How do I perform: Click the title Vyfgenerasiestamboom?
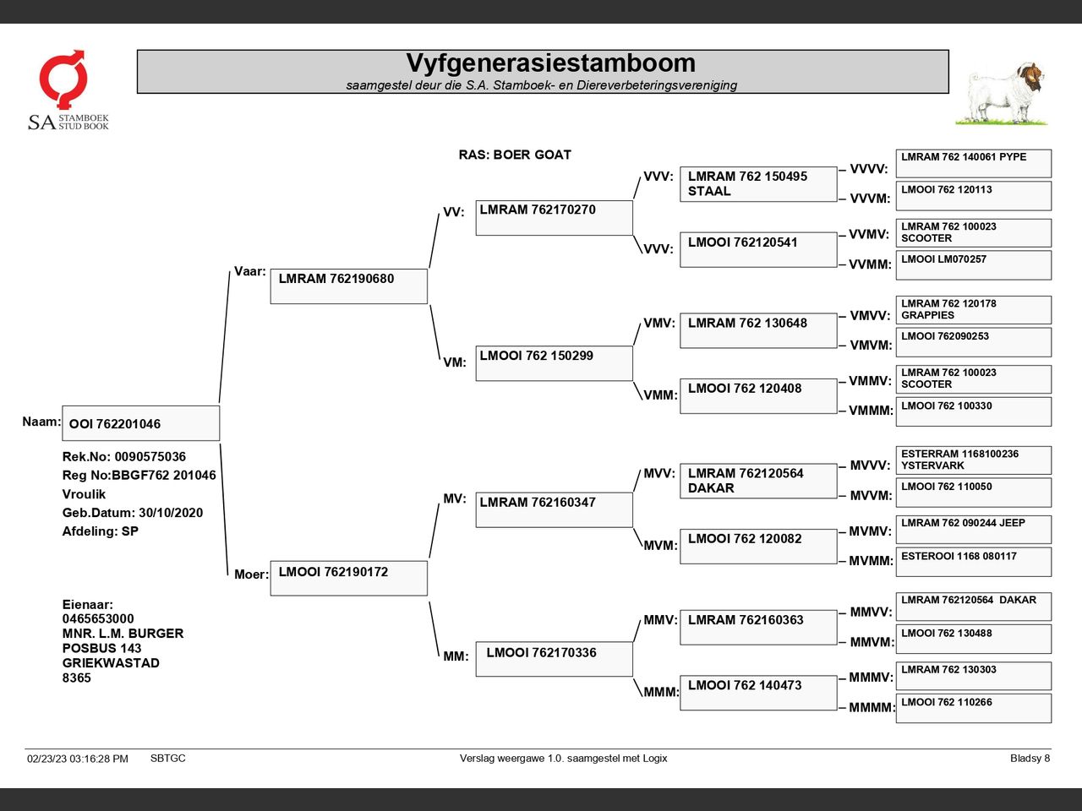tap(550, 63)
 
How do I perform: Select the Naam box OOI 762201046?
tap(140, 423)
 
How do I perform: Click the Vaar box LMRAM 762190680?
tap(348, 286)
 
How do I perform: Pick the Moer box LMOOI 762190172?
tap(348, 578)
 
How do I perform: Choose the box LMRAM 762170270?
tap(554, 217)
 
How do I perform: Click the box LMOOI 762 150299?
tap(554, 363)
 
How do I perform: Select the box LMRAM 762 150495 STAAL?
tap(757, 184)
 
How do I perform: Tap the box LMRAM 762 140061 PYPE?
tap(973, 163)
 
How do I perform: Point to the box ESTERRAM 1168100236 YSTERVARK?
tap(973, 460)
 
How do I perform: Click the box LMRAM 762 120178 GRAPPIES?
tap(973, 310)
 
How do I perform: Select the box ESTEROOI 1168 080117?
tap(973, 562)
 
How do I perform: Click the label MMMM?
tap(872, 708)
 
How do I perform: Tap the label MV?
tap(455, 499)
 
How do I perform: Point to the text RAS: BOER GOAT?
tap(515, 155)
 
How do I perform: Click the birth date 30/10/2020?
tap(171, 513)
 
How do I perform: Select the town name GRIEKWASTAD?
tap(111, 663)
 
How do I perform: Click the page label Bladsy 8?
tap(1030, 759)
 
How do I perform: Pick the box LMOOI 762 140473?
tap(757, 693)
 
